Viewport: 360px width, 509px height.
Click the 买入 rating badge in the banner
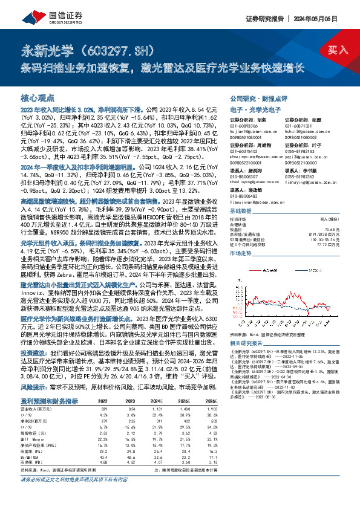click(339, 50)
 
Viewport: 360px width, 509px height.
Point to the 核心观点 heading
click(38, 97)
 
